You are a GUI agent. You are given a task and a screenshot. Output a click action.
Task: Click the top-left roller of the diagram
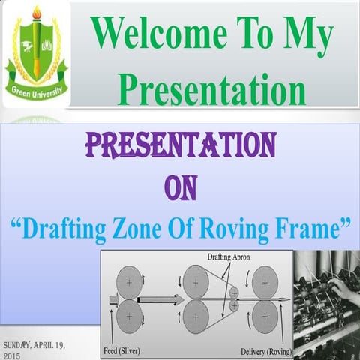coord(132,281)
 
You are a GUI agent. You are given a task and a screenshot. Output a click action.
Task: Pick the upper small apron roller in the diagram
coord(234,292)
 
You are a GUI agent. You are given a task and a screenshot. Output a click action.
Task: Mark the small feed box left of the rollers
coord(113,299)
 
